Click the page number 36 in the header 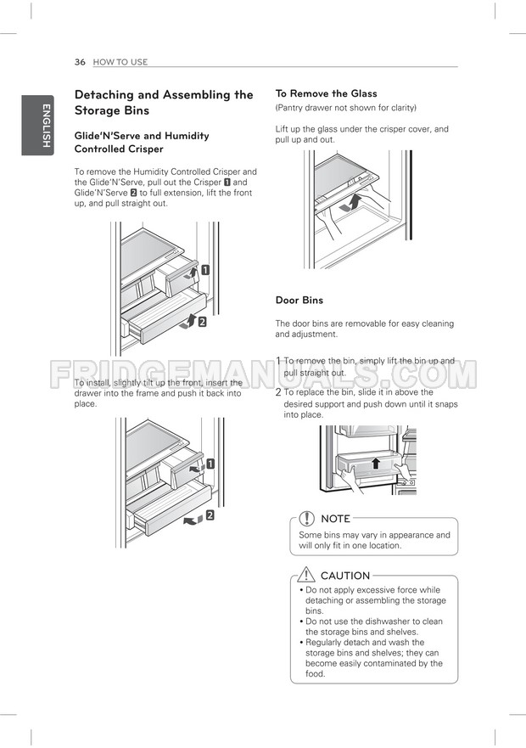[x=80, y=62]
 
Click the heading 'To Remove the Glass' [x=326, y=93]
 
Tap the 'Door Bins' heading [x=299, y=301]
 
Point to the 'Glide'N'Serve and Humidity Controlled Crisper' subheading [x=141, y=142]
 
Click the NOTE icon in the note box [x=307, y=518]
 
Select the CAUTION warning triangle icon [x=307, y=575]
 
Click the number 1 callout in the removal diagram [x=205, y=270]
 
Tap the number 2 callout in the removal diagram [x=203, y=320]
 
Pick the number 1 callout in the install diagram [x=209, y=464]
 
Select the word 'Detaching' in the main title [x=107, y=95]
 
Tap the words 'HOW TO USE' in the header [x=120, y=62]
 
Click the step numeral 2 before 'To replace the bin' [x=278, y=393]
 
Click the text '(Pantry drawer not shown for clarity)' [x=345, y=108]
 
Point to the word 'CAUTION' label [x=345, y=576]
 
